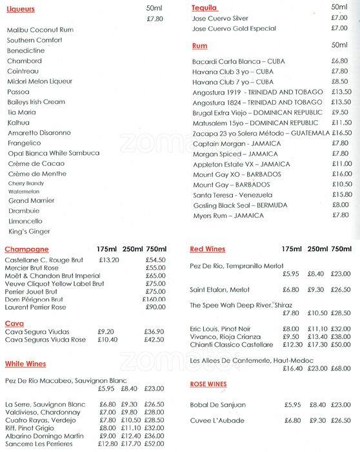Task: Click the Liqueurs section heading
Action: coord(21,10)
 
